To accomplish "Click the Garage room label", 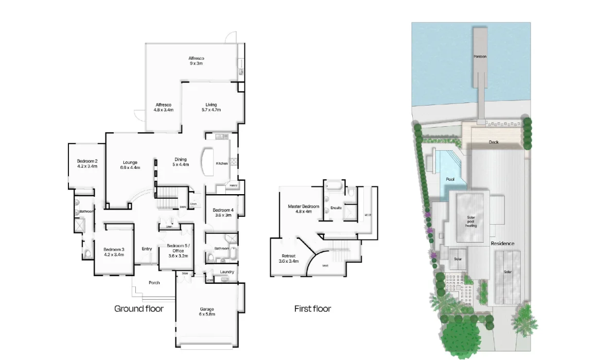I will pos(207,310).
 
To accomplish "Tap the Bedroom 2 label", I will pos(87,161).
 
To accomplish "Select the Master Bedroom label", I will pos(303,207).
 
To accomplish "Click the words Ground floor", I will pos(138,309).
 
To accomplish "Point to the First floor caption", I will pos(312,309).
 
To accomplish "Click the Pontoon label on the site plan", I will pos(480,56).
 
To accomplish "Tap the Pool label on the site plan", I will pos(450,179).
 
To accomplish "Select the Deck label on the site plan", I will pos(494,142).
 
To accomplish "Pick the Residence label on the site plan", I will pos(502,243).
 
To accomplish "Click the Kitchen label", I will pos(222,163).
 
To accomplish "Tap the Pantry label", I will pos(233,185).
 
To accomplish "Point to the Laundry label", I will pos(227,272).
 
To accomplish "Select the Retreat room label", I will pos(288,256).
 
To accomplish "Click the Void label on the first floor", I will pos(325,266).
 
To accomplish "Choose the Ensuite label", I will pos(336,208).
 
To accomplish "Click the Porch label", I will pos(154,283).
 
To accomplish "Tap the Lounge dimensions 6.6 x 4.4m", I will pos(130,167).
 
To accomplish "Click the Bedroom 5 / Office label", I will pos(178,248).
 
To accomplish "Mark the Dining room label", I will pos(180,159).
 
